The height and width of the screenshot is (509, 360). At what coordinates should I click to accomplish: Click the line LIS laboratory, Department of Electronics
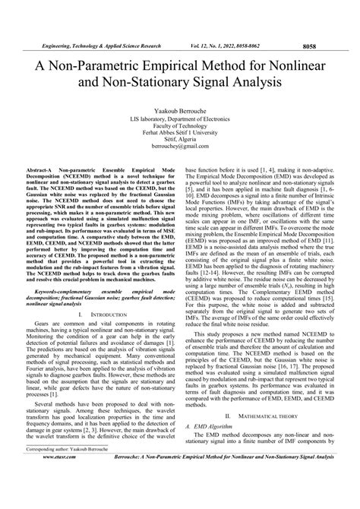180,99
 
